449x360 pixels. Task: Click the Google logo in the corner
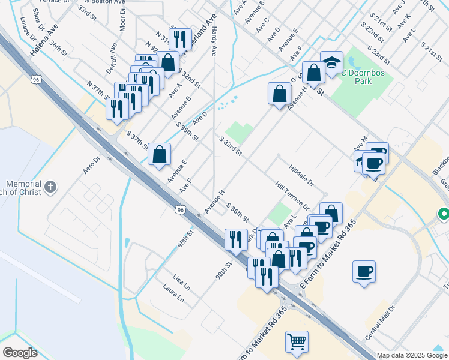[20, 353]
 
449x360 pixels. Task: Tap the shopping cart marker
[297, 342]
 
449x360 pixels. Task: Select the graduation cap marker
[331, 63]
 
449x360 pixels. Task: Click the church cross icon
[51, 186]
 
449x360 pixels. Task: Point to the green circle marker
[444, 214]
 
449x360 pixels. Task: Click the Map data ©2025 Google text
[411, 355]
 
